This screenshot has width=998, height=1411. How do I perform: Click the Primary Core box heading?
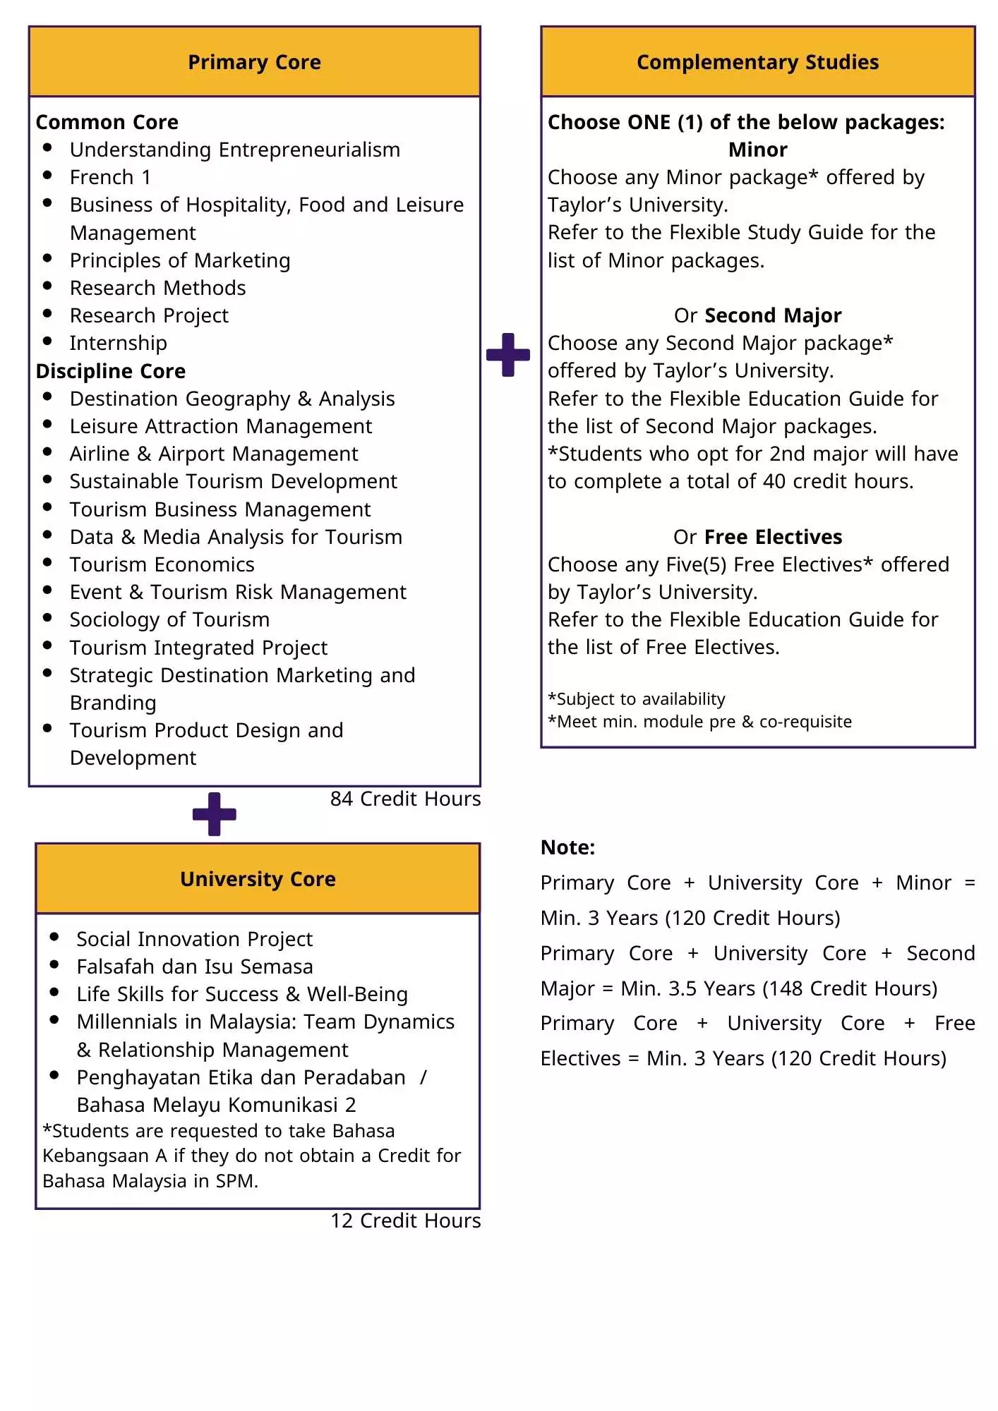(x=254, y=62)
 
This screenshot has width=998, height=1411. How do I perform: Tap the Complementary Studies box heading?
(x=757, y=62)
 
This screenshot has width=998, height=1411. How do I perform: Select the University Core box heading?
(x=258, y=879)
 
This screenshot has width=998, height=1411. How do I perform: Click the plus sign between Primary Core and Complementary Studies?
(x=508, y=355)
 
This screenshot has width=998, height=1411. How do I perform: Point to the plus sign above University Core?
(x=215, y=814)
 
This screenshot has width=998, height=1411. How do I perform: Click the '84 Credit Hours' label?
(x=405, y=799)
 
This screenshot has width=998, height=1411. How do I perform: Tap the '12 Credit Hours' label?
(x=405, y=1221)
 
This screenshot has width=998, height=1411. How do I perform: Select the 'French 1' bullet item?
(x=110, y=177)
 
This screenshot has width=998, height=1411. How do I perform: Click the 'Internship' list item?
(x=118, y=343)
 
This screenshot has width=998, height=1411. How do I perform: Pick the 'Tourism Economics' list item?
(x=162, y=564)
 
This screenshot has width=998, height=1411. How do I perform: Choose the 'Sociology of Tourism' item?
(x=169, y=619)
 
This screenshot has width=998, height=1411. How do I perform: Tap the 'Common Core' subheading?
(x=107, y=122)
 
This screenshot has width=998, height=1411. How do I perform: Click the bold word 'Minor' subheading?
(x=757, y=150)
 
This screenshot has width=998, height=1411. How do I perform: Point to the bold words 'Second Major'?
(x=773, y=315)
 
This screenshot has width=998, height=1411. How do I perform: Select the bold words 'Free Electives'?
(x=773, y=537)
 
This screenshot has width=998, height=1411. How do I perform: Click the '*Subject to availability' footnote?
(x=636, y=699)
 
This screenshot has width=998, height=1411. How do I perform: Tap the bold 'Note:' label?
(x=567, y=847)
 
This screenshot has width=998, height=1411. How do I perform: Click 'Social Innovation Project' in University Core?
(x=194, y=939)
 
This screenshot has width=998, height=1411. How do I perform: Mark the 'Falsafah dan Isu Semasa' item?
(x=194, y=967)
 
